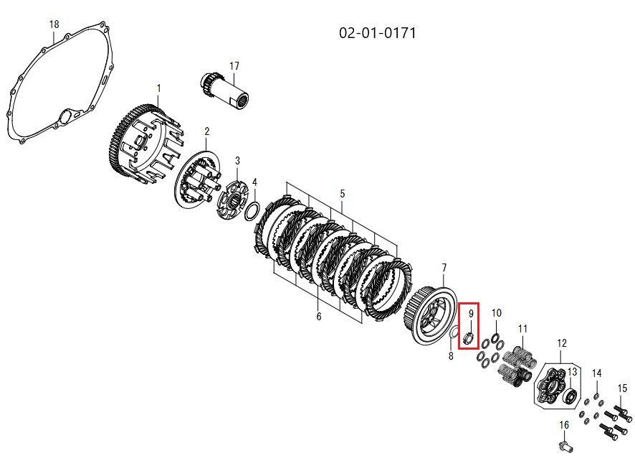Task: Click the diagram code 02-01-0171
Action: pyautogui.click(x=378, y=32)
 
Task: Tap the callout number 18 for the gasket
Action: pyautogui.click(x=54, y=24)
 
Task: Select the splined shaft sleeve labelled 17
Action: pyautogui.click(x=225, y=91)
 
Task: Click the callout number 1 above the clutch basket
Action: pyautogui.click(x=159, y=88)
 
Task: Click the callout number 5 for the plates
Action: pyautogui.click(x=342, y=194)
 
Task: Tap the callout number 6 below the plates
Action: pyautogui.click(x=318, y=317)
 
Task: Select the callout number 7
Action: pyautogui.click(x=444, y=268)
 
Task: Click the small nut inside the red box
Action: pyautogui.click(x=468, y=337)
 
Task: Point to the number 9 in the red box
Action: pyautogui.click(x=471, y=314)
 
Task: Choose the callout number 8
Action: pyautogui.click(x=451, y=356)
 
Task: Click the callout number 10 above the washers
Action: pyautogui.click(x=497, y=313)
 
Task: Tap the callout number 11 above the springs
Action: pyautogui.click(x=522, y=329)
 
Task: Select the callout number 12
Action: pyautogui.click(x=562, y=343)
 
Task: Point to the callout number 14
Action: pyautogui.click(x=596, y=373)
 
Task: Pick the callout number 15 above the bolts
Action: pyautogui.click(x=622, y=388)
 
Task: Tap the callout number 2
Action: pyautogui.click(x=207, y=131)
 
